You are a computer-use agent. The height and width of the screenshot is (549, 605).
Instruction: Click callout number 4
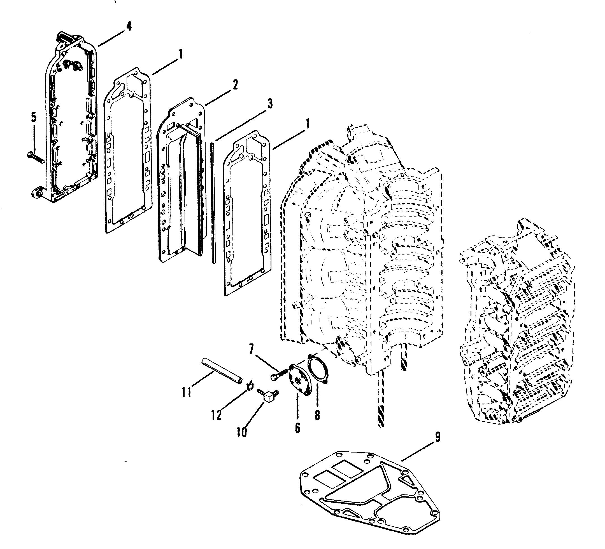[x=129, y=26]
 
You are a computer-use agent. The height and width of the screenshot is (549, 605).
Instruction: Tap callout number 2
[x=235, y=85]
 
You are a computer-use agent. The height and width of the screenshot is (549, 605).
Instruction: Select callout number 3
[x=269, y=104]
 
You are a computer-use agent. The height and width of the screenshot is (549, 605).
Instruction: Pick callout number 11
[x=186, y=392]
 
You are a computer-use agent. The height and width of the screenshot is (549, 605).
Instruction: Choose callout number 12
[x=216, y=415]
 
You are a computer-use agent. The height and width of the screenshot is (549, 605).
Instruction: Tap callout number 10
[x=241, y=432]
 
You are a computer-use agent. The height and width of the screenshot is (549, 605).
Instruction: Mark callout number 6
[x=297, y=428]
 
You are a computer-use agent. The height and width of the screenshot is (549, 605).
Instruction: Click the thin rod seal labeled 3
[x=213, y=204]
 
